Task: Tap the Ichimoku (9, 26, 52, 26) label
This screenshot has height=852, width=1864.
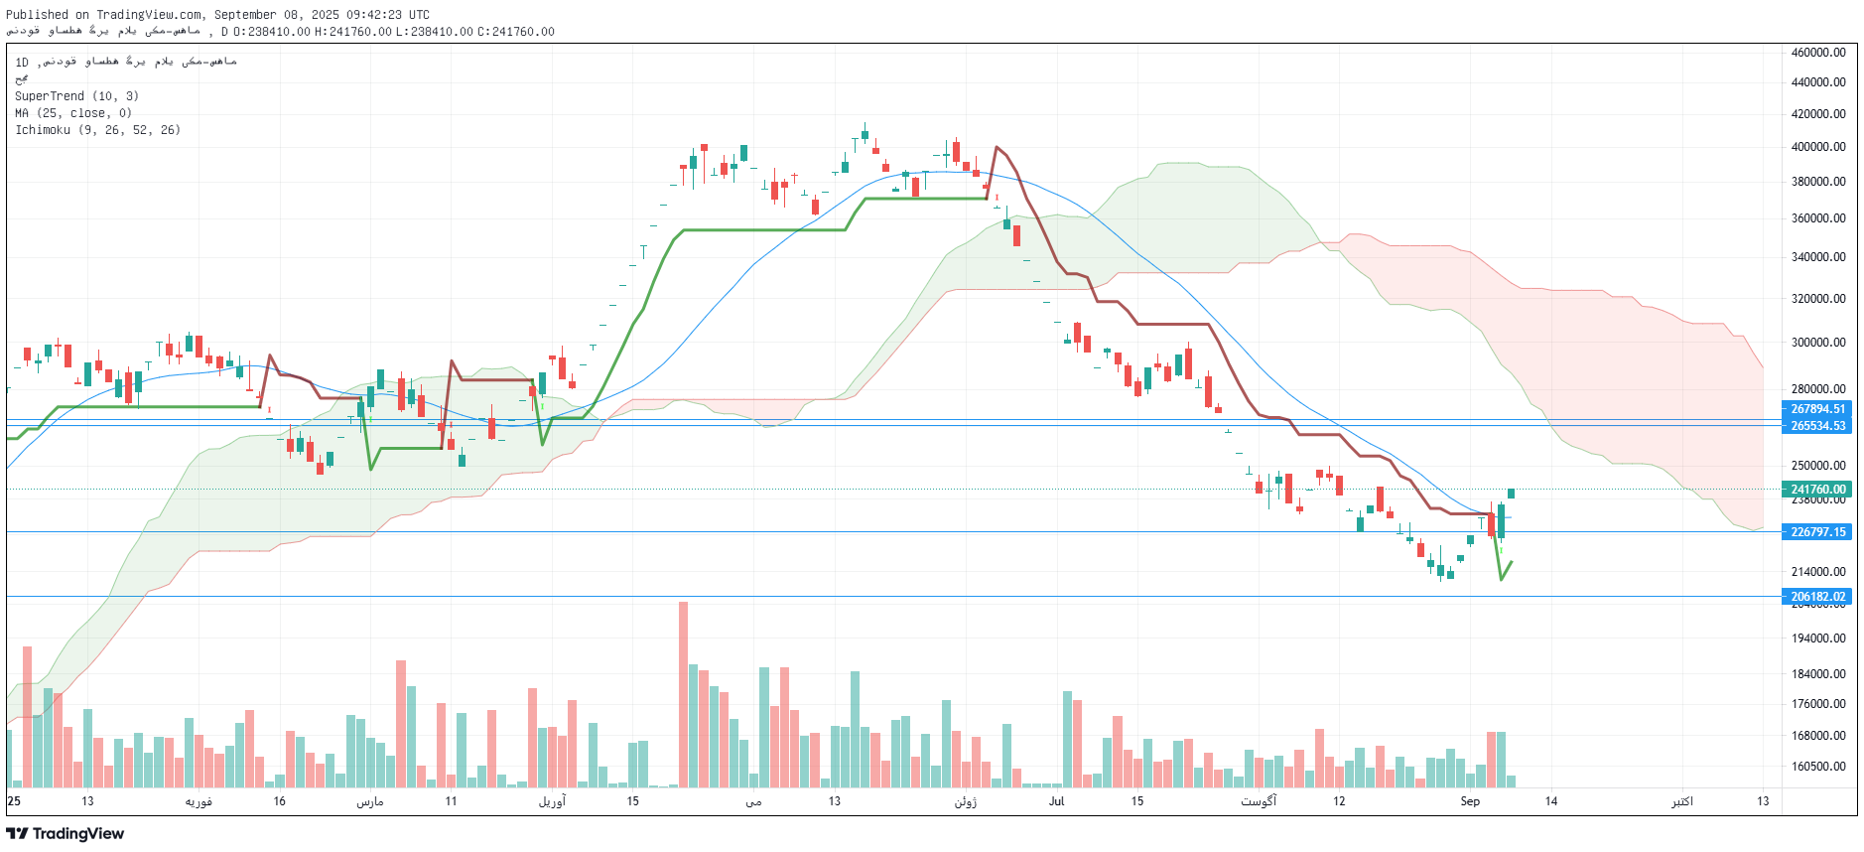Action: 97,130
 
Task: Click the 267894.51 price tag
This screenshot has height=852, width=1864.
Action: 1817,409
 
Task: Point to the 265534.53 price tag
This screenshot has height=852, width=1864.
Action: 1817,426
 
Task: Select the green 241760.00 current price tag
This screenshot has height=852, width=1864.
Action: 1817,490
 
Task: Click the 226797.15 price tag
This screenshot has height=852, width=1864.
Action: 1817,532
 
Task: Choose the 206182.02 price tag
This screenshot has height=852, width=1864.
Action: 1817,597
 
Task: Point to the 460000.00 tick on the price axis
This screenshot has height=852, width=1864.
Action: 1818,53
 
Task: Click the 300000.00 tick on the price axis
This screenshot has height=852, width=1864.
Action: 1818,343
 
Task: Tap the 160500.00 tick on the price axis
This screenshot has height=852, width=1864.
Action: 1818,767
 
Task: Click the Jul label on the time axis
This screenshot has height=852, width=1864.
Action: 1056,801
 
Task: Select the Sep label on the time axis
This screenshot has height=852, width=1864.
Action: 1470,801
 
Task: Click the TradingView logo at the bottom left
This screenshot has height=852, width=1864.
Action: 66,834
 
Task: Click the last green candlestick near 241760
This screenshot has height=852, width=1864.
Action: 1511,494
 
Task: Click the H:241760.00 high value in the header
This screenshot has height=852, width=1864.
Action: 352,32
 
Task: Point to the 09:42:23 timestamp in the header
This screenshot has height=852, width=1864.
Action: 371,15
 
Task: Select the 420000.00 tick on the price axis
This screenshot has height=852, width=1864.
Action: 1818,114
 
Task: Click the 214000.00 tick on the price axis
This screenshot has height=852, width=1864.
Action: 1818,572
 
